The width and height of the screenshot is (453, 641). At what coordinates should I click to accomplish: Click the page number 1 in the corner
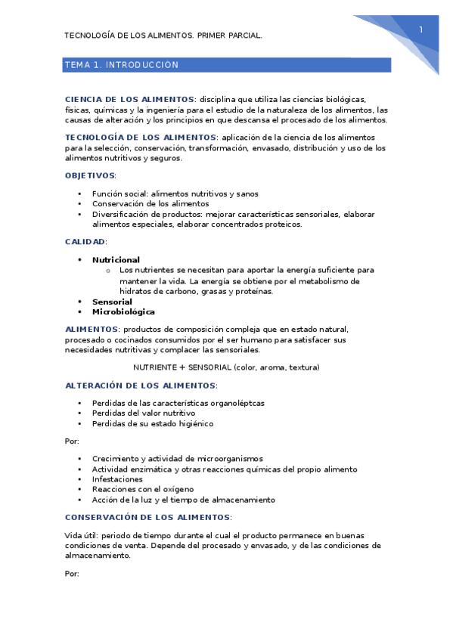click(420, 29)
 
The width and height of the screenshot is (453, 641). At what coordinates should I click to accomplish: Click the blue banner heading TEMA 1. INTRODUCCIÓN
click(122, 65)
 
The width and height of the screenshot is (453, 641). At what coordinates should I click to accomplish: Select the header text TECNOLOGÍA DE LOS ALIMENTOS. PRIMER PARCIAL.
click(163, 36)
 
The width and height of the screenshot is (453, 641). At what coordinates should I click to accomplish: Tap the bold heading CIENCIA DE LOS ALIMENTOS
click(130, 99)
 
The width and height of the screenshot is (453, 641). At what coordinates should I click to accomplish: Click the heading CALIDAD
click(85, 242)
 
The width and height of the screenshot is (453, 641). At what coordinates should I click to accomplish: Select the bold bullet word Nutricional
click(116, 260)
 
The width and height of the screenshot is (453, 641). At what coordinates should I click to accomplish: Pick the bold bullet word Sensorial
click(112, 302)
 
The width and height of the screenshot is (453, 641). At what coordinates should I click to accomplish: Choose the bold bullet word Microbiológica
click(123, 311)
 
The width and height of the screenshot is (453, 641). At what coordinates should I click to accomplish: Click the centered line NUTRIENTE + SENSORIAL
click(226, 367)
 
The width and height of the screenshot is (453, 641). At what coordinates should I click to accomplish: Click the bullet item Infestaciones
click(117, 479)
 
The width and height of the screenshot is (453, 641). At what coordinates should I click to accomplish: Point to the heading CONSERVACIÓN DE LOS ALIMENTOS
click(147, 517)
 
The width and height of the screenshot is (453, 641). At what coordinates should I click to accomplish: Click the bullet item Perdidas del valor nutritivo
click(143, 413)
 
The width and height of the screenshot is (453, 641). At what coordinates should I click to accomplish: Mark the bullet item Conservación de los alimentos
click(150, 204)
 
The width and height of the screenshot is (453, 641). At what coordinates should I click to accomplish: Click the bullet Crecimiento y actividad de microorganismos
click(177, 459)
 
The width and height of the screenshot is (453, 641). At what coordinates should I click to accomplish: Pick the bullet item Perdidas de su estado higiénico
click(152, 423)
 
